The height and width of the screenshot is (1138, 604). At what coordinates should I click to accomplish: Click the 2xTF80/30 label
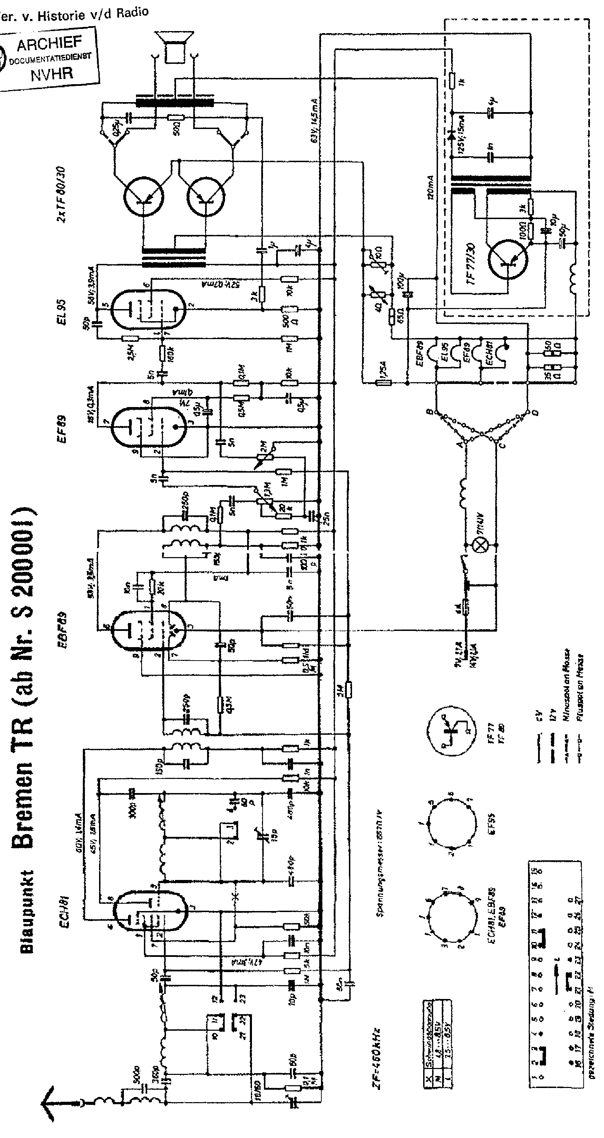[x=61, y=194]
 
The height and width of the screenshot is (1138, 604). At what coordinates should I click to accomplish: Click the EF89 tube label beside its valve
[x=61, y=428]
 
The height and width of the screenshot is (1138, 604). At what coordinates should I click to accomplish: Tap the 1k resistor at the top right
[x=451, y=81]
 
